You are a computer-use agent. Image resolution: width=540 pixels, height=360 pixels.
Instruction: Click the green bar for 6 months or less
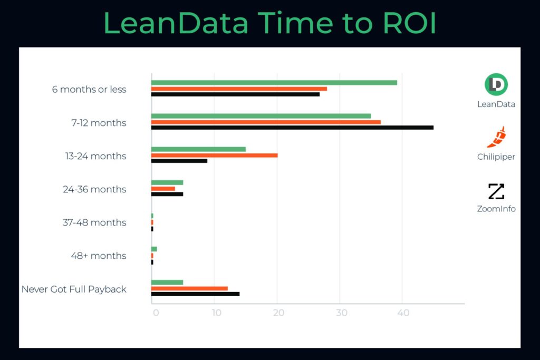point(274,82)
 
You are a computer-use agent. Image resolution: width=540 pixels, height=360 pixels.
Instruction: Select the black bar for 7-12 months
point(292,128)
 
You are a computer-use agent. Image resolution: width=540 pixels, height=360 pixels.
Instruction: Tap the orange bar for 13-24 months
point(214,155)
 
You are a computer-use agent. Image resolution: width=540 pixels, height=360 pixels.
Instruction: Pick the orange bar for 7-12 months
point(266,122)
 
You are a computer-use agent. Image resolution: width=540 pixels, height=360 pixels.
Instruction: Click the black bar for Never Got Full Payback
point(195,294)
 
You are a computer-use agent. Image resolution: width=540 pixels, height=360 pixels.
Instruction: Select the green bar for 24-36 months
point(167,182)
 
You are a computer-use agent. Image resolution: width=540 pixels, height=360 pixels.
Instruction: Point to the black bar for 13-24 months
point(179,161)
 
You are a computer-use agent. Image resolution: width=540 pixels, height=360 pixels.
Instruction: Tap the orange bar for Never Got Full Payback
point(189,288)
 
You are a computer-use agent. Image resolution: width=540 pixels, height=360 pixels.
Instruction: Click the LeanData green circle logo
point(496,84)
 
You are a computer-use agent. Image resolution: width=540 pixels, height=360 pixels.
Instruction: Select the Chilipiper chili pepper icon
point(496,137)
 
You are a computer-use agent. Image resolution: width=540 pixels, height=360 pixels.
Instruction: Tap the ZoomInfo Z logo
point(496,191)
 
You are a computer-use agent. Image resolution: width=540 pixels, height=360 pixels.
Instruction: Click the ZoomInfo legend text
point(496,209)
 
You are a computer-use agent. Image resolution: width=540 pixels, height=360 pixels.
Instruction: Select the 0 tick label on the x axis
point(156,313)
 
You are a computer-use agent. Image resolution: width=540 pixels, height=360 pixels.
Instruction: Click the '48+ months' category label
point(99,256)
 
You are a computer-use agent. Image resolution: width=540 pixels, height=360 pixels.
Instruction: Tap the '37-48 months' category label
point(94,222)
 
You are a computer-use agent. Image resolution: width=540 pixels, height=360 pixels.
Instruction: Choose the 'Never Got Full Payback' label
point(74,289)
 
